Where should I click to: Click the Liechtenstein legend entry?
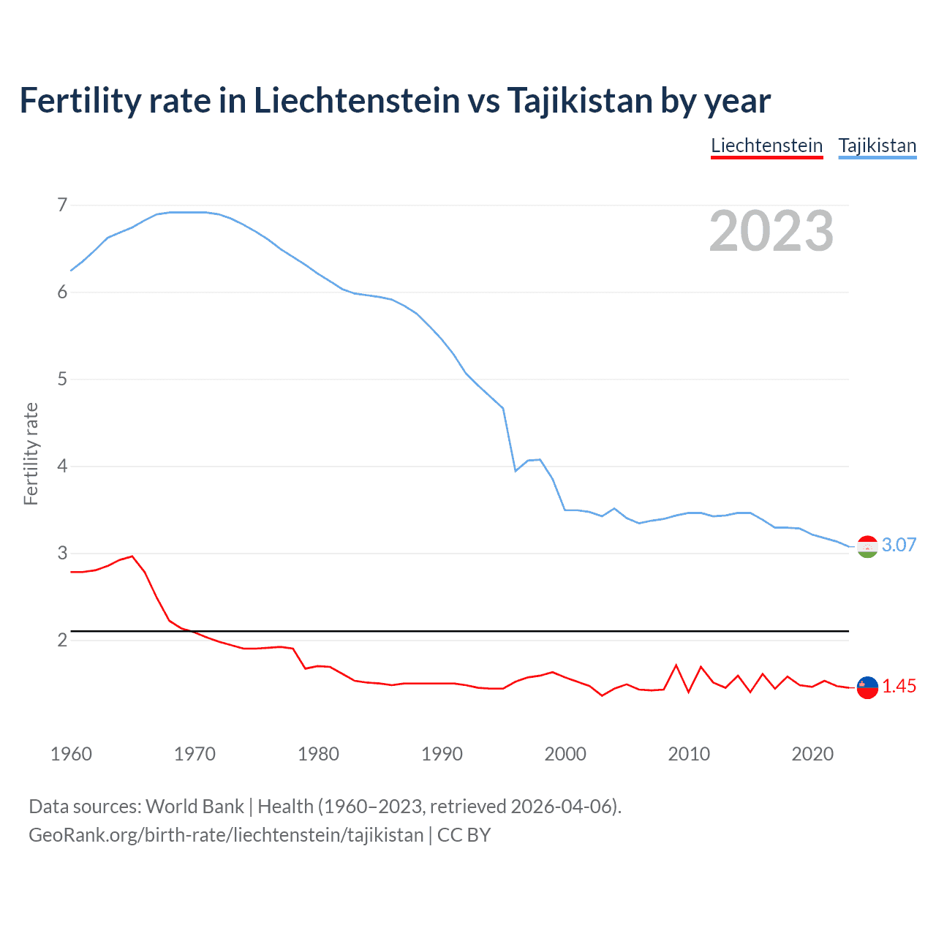766,146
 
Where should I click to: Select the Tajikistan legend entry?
877,146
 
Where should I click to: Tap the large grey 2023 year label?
771,231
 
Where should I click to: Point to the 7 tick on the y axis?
62,205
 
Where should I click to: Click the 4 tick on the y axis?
62,466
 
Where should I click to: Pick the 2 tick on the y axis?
62,640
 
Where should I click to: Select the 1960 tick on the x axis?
71,754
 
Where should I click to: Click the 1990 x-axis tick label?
442,754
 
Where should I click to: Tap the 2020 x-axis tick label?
812,754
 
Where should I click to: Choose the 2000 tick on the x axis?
565,754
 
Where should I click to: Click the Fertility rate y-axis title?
31,453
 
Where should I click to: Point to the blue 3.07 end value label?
899,545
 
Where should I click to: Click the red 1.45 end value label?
899,686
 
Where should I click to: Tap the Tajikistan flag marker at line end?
867,546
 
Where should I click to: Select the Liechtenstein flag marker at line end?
867,687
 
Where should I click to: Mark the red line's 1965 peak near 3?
132,556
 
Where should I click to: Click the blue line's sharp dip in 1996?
516,471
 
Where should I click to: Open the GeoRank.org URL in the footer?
226,835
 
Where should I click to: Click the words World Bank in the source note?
195,807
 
